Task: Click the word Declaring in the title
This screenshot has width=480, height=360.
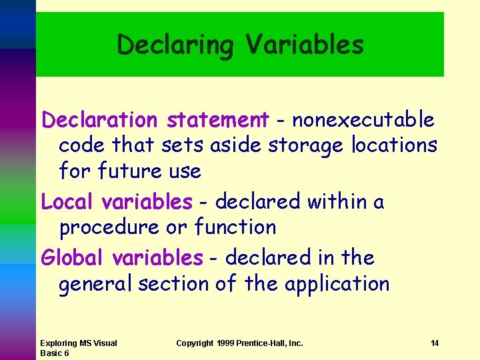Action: tap(175, 45)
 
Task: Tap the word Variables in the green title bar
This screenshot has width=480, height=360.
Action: tap(304, 45)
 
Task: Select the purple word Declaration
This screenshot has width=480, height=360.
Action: tap(99, 120)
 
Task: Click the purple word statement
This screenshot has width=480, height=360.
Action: tap(217, 120)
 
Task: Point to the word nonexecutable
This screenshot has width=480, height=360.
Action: tap(363, 120)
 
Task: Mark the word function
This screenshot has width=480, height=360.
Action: tap(235, 227)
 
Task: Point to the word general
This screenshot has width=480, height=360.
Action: tap(95, 284)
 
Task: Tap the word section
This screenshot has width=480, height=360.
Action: tap(174, 284)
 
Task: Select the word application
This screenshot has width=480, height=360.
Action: tap(337, 285)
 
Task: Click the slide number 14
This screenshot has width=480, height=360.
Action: tap(434, 343)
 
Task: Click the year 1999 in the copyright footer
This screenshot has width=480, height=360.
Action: tap(224, 343)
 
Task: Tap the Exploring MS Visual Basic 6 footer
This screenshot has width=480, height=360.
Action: tap(78, 348)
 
